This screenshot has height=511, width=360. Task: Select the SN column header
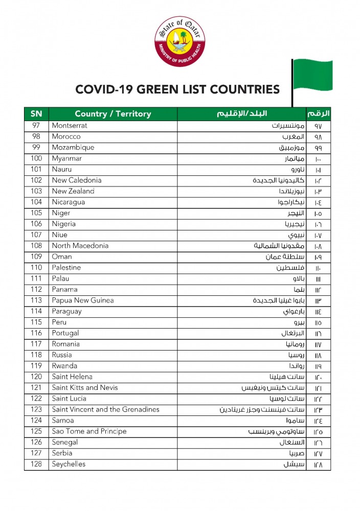pyautogui.click(x=36, y=113)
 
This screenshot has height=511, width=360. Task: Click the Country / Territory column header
pyautogui.click(x=113, y=113)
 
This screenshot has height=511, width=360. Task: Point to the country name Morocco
pyautogui.click(x=66, y=137)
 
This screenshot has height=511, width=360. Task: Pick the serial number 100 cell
pyautogui.click(x=36, y=158)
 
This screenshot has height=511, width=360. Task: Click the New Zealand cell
pyautogui.click(x=73, y=191)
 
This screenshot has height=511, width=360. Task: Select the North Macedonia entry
pyautogui.click(x=80, y=246)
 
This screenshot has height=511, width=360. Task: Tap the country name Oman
pyautogui.click(x=62, y=257)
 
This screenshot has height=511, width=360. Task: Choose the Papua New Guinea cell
pyautogui.click(x=83, y=300)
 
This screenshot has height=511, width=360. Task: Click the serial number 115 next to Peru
pyautogui.click(x=36, y=322)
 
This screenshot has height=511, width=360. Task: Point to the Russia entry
pyautogui.click(x=62, y=355)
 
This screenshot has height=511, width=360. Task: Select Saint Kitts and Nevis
pyautogui.click(x=85, y=388)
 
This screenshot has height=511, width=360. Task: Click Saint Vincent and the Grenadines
pyautogui.click(x=105, y=409)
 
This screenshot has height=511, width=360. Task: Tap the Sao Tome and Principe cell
pyautogui.click(x=89, y=431)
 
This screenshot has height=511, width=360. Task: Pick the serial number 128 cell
pyautogui.click(x=36, y=464)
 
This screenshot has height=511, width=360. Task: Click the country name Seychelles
pyautogui.click(x=69, y=464)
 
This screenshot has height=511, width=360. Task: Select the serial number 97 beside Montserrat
pyautogui.click(x=36, y=126)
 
